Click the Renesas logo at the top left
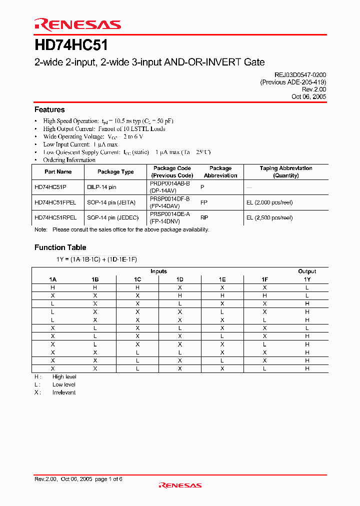click(77, 24)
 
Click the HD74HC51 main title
click(71, 45)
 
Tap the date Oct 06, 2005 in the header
click(309, 96)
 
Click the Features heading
click(49, 109)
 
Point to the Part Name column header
click(58, 171)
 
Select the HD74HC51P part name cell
click(51, 187)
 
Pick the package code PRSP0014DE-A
click(170, 213)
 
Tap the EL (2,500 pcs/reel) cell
click(269, 218)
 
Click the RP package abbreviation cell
click(204, 218)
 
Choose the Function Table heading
click(60, 247)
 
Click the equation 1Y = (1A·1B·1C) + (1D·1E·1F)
click(96, 259)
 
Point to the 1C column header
click(137, 279)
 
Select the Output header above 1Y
click(307, 271)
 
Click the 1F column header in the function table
click(264, 279)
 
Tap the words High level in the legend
click(64, 376)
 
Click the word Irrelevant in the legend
click(64, 392)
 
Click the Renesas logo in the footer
click(180, 485)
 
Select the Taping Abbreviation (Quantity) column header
click(286, 171)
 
